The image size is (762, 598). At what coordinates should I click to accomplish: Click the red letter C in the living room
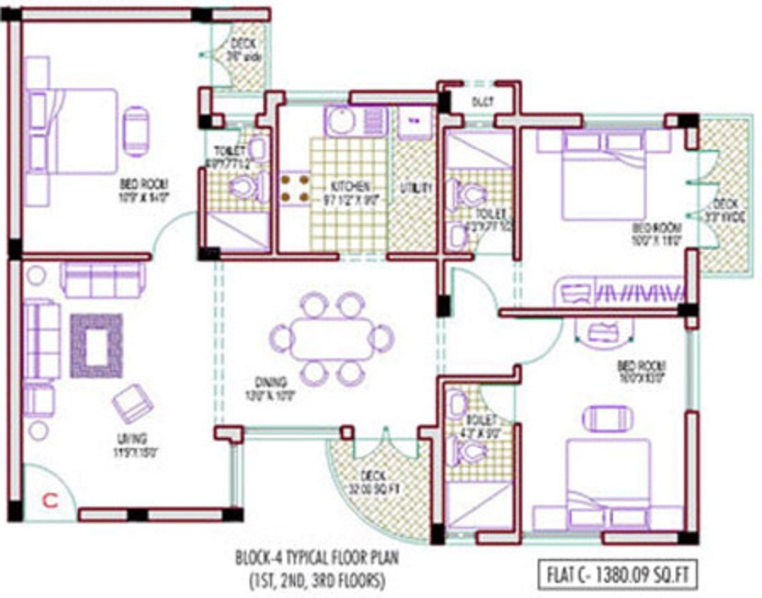pos(49,500)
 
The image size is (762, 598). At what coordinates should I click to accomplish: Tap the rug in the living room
pos(97,345)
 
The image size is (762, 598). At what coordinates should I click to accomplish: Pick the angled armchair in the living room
pos(131,403)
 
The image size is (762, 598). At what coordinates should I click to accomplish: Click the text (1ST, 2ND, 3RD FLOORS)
pos(315,581)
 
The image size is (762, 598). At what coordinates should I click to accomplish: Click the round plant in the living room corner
pos(36,276)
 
